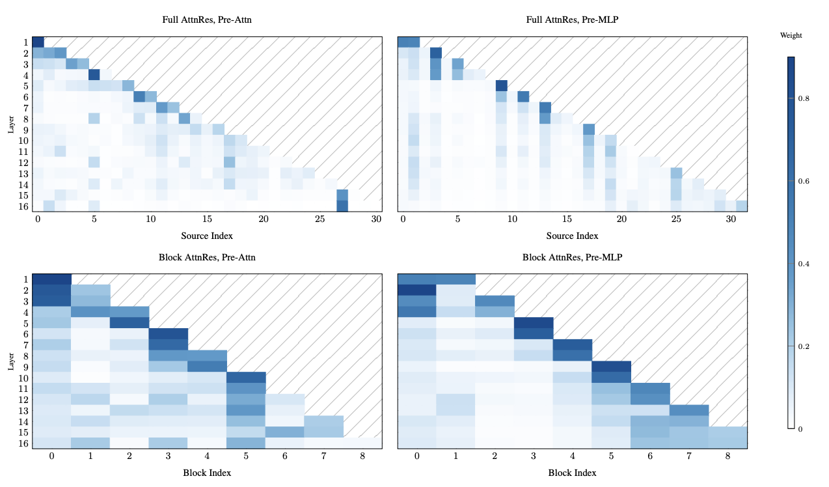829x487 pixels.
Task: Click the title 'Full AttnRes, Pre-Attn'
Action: point(207,20)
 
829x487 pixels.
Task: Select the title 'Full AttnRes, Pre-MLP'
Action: point(572,20)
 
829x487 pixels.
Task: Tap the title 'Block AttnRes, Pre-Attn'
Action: point(207,257)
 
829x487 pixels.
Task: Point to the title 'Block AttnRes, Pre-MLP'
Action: point(572,257)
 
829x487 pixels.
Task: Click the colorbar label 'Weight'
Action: point(791,36)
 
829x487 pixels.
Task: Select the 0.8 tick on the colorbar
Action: point(807,99)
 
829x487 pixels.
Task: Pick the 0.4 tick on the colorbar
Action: point(807,264)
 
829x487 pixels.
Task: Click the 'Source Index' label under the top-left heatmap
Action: point(207,236)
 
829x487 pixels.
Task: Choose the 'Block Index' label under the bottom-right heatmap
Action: point(572,473)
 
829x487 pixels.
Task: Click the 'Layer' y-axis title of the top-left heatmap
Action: point(11,124)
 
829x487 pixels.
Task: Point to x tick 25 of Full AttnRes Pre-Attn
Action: point(320,220)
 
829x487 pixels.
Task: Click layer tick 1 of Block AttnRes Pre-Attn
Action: point(25,279)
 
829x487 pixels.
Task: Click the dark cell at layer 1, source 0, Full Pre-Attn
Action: point(38,42)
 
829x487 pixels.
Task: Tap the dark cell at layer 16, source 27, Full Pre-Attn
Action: point(342,206)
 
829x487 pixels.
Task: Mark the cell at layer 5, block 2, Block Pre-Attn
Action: point(129,322)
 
